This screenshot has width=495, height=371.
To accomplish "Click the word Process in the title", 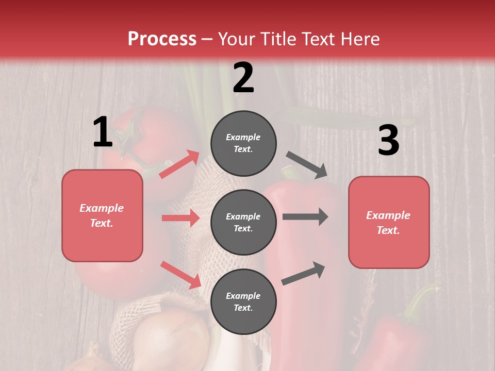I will [x=162, y=39].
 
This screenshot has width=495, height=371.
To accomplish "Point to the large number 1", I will [x=103, y=132].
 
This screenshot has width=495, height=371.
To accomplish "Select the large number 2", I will [x=243, y=78].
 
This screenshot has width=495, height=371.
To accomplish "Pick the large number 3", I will [x=388, y=141].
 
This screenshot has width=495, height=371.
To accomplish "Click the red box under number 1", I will [x=102, y=215].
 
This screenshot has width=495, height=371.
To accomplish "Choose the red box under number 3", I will [x=389, y=222].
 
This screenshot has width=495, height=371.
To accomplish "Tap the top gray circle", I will [x=243, y=143].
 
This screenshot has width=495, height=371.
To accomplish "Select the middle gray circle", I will [x=243, y=222].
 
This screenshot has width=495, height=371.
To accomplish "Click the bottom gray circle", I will [x=243, y=301].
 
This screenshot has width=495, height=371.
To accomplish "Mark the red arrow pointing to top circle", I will [x=179, y=164].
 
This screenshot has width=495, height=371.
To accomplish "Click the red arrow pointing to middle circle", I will [x=180, y=218].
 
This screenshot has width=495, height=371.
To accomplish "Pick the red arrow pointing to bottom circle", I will [x=180, y=274].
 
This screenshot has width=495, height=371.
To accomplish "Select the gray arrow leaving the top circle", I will [x=307, y=165].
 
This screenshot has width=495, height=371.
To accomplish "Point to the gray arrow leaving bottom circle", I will [x=304, y=273].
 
